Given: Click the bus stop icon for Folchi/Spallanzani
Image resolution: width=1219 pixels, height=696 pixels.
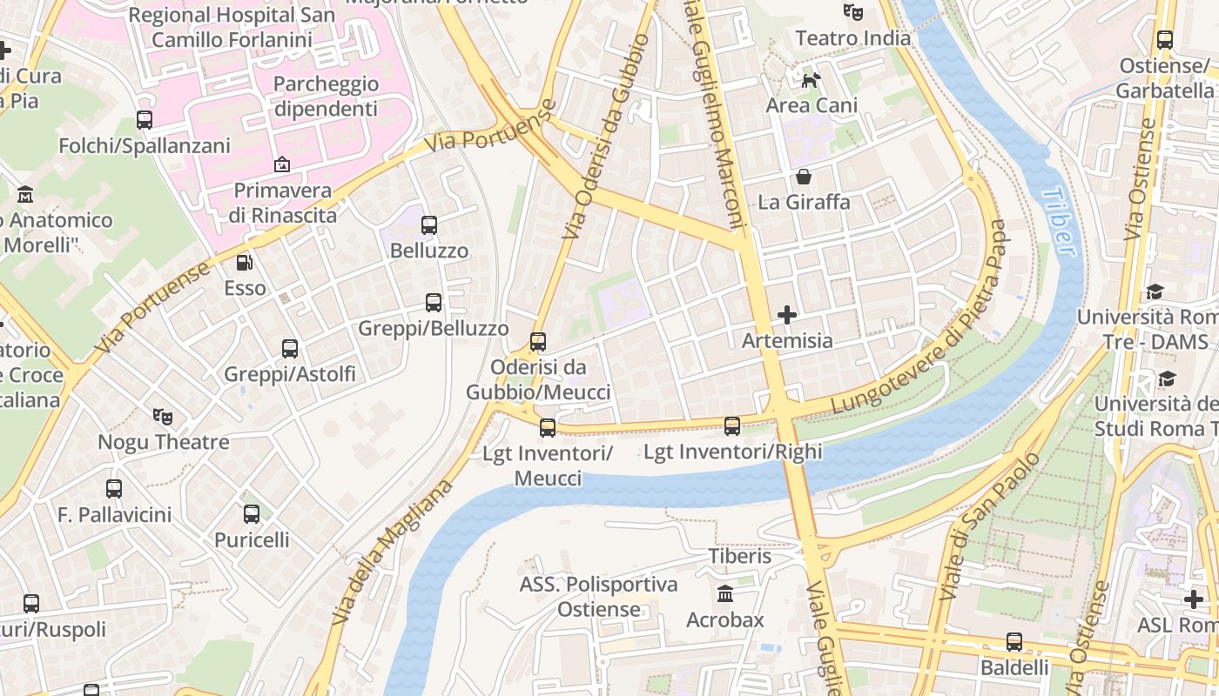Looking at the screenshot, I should coord(145,120).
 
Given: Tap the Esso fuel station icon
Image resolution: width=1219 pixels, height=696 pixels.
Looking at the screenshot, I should coord(245,262).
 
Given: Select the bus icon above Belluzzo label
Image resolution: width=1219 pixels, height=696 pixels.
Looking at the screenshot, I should coord(428,225).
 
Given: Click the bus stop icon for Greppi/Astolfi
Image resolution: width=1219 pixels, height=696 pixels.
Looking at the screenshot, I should coord(290,349).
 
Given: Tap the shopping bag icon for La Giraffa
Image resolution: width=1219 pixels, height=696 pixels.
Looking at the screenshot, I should coord(803,177).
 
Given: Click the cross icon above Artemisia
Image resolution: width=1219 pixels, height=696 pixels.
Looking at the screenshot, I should coord(787,315).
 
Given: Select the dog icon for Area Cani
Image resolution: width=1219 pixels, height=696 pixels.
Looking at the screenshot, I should coord(811,80).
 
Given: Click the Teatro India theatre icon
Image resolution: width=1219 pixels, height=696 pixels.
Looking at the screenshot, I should coord(852,12).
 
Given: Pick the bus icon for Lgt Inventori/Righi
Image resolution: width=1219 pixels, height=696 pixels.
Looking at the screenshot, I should coord(732,425).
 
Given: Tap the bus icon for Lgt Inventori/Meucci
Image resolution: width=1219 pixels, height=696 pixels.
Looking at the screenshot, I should coord(547,427).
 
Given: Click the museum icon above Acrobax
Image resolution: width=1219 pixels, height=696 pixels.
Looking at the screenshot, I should coord(724,594).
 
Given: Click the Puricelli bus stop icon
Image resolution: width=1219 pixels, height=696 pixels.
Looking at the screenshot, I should coord(252,514).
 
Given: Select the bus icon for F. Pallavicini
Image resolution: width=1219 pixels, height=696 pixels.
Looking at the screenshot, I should coord(114,489).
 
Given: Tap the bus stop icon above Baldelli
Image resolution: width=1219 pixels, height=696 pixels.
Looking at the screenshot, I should coord(1014,642).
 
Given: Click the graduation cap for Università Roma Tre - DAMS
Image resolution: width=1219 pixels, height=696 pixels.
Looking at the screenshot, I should coord(1155,291).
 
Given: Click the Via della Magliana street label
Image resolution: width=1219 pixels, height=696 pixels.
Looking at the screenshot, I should coord(393,552).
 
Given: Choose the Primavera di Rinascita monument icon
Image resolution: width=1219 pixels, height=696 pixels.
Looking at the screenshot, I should coord(282,164).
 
